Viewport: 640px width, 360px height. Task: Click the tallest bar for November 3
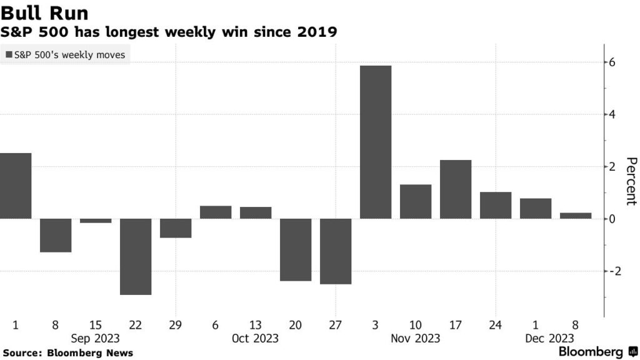(376, 142)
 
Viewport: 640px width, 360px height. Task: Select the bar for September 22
(136, 256)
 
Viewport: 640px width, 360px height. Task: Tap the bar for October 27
(336, 251)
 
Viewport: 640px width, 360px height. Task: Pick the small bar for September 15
(96, 221)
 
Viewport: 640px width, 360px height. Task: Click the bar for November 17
(456, 189)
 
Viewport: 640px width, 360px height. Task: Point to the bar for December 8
(576, 216)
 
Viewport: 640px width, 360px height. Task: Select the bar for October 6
(216, 212)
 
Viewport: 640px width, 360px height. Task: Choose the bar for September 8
(56, 235)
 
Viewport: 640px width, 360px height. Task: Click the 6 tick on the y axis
(613, 62)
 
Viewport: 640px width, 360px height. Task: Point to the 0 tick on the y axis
(613, 219)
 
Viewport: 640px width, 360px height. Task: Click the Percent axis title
(631, 181)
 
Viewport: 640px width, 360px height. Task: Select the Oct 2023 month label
(255, 338)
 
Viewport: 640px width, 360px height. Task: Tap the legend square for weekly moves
(9, 55)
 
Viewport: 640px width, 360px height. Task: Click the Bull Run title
(44, 13)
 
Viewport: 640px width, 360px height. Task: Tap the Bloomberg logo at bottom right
(597, 352)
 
